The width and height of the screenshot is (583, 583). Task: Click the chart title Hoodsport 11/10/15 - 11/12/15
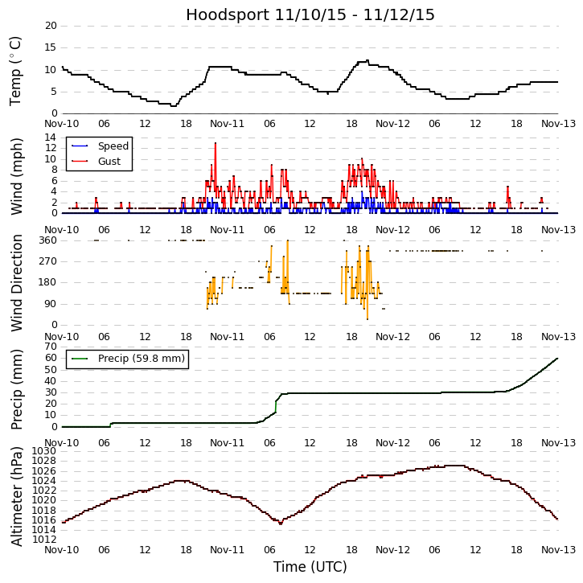coord(310,15)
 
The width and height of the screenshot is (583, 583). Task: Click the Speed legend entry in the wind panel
coord(113,146)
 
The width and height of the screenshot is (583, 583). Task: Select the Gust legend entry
coord(109,162)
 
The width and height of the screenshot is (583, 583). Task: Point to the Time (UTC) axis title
coord(310,567)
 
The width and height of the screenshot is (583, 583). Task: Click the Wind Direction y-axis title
coord(17,282)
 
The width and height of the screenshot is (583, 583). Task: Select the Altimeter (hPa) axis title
coord(17,496)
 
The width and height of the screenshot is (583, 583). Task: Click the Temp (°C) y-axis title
coord(17,70)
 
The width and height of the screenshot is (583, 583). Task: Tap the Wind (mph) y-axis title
coord(17,175)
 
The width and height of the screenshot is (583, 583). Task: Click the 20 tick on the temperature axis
coord(51,26)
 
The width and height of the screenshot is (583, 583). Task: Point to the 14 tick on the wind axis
coord(51,138)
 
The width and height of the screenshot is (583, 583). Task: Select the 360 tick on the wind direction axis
coord(47,240)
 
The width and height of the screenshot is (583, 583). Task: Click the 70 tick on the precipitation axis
coord(51,346)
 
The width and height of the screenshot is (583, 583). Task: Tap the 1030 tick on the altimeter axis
coord(45,452)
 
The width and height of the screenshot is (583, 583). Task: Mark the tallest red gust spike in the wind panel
coord(216,144)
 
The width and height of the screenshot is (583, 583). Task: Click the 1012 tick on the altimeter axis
coord(45,539)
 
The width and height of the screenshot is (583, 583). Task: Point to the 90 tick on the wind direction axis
coord(50,303)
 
